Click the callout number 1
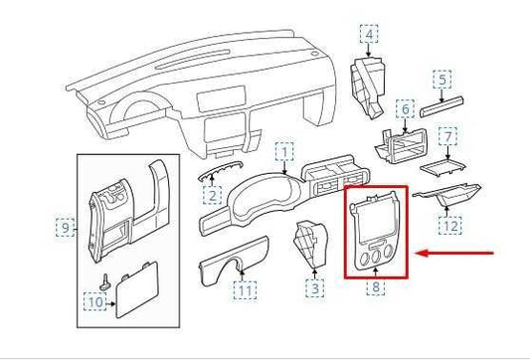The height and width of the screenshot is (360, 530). click(x=285, y=152)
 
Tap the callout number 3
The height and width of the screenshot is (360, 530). click(x=314, y=289)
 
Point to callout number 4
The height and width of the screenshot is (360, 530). click(x=370, y=38)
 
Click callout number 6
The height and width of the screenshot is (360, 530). click(x=404, y=107)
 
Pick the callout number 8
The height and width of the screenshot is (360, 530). click(x=376, y=288)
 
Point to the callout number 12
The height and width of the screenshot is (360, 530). click(x=450, y=226)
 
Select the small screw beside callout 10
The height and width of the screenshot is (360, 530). click(x=104, y=281)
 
